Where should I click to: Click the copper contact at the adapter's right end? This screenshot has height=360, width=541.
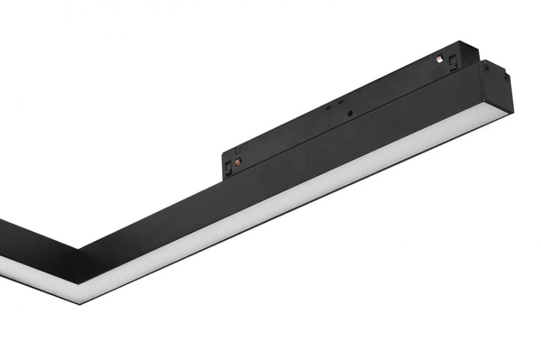click(x=441, y=60)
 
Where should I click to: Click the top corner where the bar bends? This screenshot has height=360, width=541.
click(x=78, y=246)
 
